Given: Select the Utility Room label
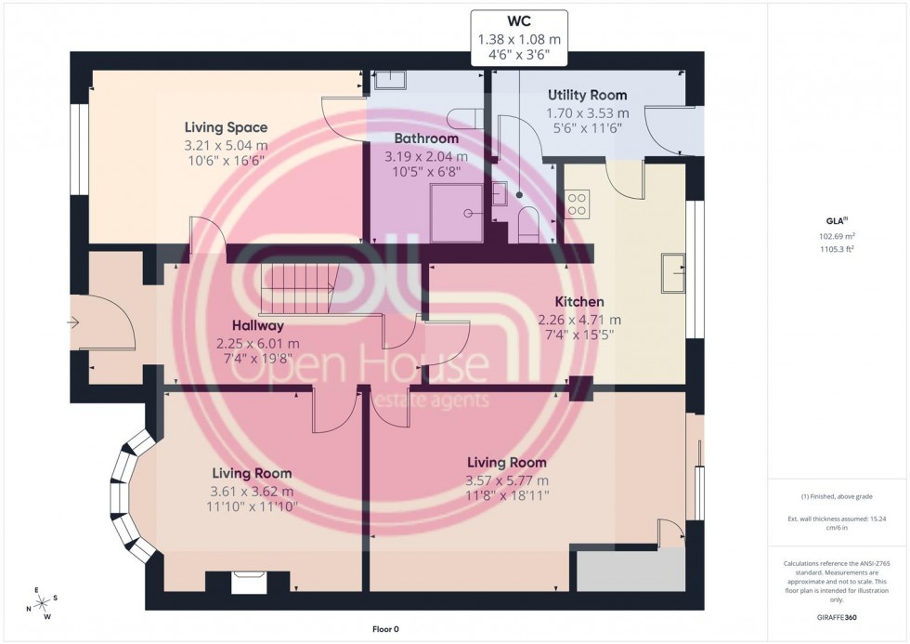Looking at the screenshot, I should coord(587,95).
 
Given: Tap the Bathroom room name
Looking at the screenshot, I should coord(427,138).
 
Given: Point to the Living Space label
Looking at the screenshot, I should coord(226,127).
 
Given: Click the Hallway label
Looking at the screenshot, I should coord(258,326).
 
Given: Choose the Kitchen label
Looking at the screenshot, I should coord(579,302).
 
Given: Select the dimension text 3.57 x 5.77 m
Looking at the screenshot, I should coord(507,480).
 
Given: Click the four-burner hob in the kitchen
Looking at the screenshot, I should coord(577,204).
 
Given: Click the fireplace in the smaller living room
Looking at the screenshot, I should coord(247,583).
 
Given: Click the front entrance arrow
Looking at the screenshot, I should coord(74,322).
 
